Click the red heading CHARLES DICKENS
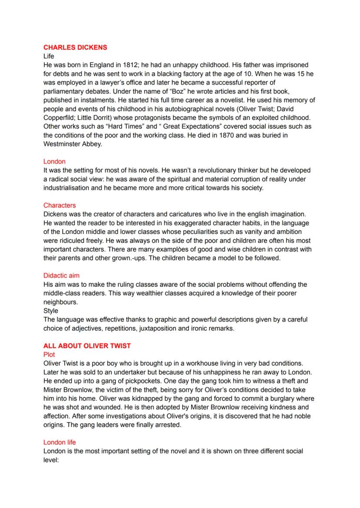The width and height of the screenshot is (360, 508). tap(75, 47)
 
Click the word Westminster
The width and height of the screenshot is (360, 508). tap(63, 144)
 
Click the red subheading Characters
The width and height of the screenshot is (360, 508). tap(60, 205)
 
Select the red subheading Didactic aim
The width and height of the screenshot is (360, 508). tap(61, 276)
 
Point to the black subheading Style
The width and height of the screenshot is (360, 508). tap(51, 311)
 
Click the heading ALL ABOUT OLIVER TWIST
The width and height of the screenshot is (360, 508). tap(87, 346)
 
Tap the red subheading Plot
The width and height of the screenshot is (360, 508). tap(49, 355)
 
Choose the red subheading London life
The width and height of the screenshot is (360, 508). tap(60, 442)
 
